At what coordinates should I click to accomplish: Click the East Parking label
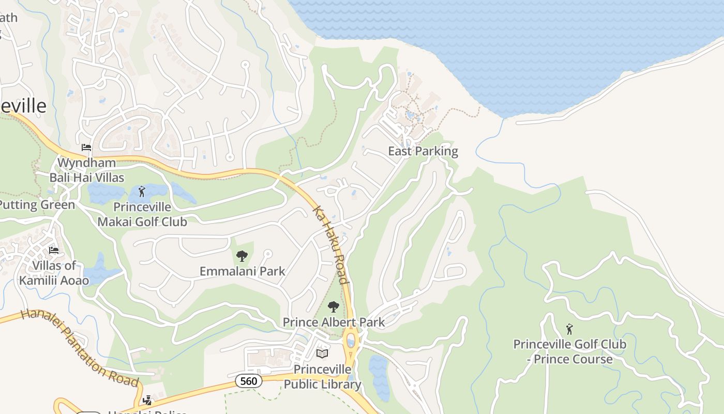tap(423, 151)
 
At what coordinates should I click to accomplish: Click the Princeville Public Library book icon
tap(322, 353)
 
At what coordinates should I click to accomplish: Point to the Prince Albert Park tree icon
tap(334, 307)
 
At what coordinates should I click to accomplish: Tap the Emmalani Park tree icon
tap(242, 256)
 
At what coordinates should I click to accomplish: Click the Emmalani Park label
tap(242, 271)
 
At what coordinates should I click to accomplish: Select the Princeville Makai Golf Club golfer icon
tap(142, 191)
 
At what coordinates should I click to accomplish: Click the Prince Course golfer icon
tap(569, 329)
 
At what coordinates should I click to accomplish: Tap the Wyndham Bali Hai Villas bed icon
tap(86, 148)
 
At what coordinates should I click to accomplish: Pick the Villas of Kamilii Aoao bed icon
tap(54, 251)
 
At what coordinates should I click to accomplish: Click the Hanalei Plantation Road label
tap(80, 348)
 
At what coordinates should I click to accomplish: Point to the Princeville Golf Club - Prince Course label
tap(569, 352)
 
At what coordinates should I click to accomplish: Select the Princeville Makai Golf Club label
tap(142, 214)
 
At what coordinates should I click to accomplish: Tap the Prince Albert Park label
tap(334, 322)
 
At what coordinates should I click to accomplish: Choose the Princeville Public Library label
tap(322, 377)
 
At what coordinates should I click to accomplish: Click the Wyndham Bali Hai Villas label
tap(87, 170)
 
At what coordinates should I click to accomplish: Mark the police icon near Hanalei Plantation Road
tap(148, 400)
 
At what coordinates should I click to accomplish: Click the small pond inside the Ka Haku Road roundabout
tap(351, 342)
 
